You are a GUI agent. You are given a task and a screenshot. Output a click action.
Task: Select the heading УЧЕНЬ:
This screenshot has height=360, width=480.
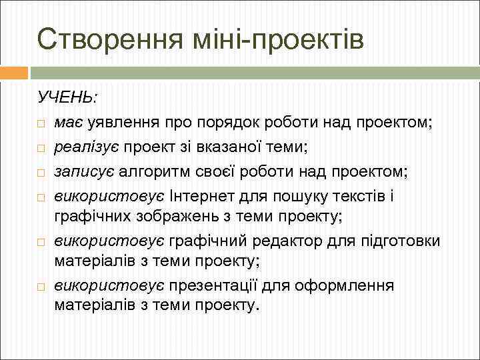(x=67, y=97)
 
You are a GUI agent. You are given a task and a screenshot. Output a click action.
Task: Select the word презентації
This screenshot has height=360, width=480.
(x=216, y=285)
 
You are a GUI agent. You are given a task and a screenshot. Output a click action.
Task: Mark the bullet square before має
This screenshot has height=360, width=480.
(x=41, y=125)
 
